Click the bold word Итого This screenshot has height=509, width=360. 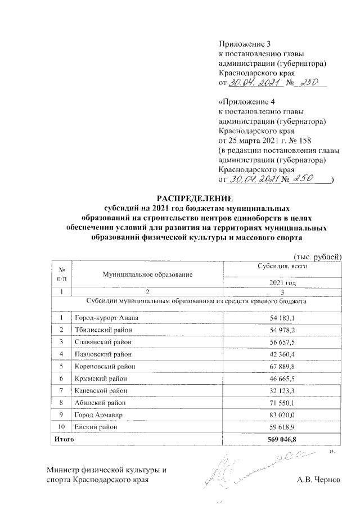[x=64, y=438]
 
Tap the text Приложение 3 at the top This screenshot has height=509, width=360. [x=240, y=44]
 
